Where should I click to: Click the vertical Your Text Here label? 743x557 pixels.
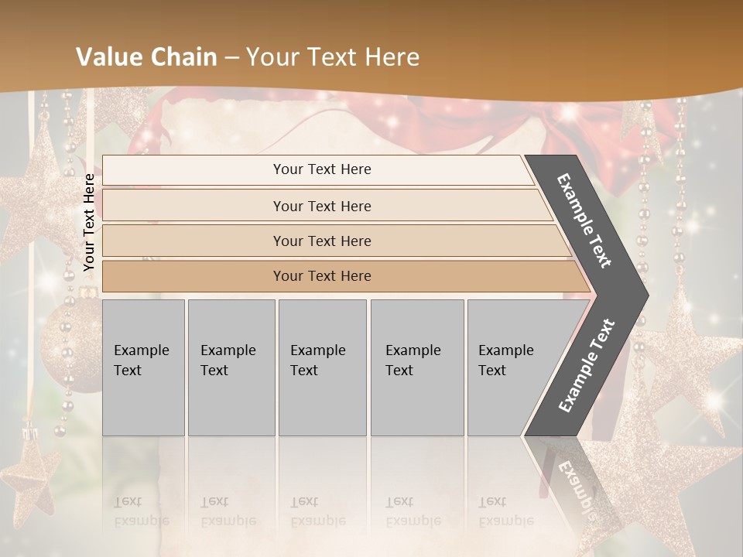[x=89, y=222]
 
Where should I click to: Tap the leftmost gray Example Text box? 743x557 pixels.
[x=143, y=367]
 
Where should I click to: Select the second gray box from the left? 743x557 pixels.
[x=231, y=367]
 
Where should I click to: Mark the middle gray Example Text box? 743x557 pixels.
[x=322, y=367]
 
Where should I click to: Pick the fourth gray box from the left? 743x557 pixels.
[x=416, y=367]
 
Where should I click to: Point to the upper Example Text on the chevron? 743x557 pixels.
[x=584, y=220]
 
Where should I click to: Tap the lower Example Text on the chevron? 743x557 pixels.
[x=587, y=365]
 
